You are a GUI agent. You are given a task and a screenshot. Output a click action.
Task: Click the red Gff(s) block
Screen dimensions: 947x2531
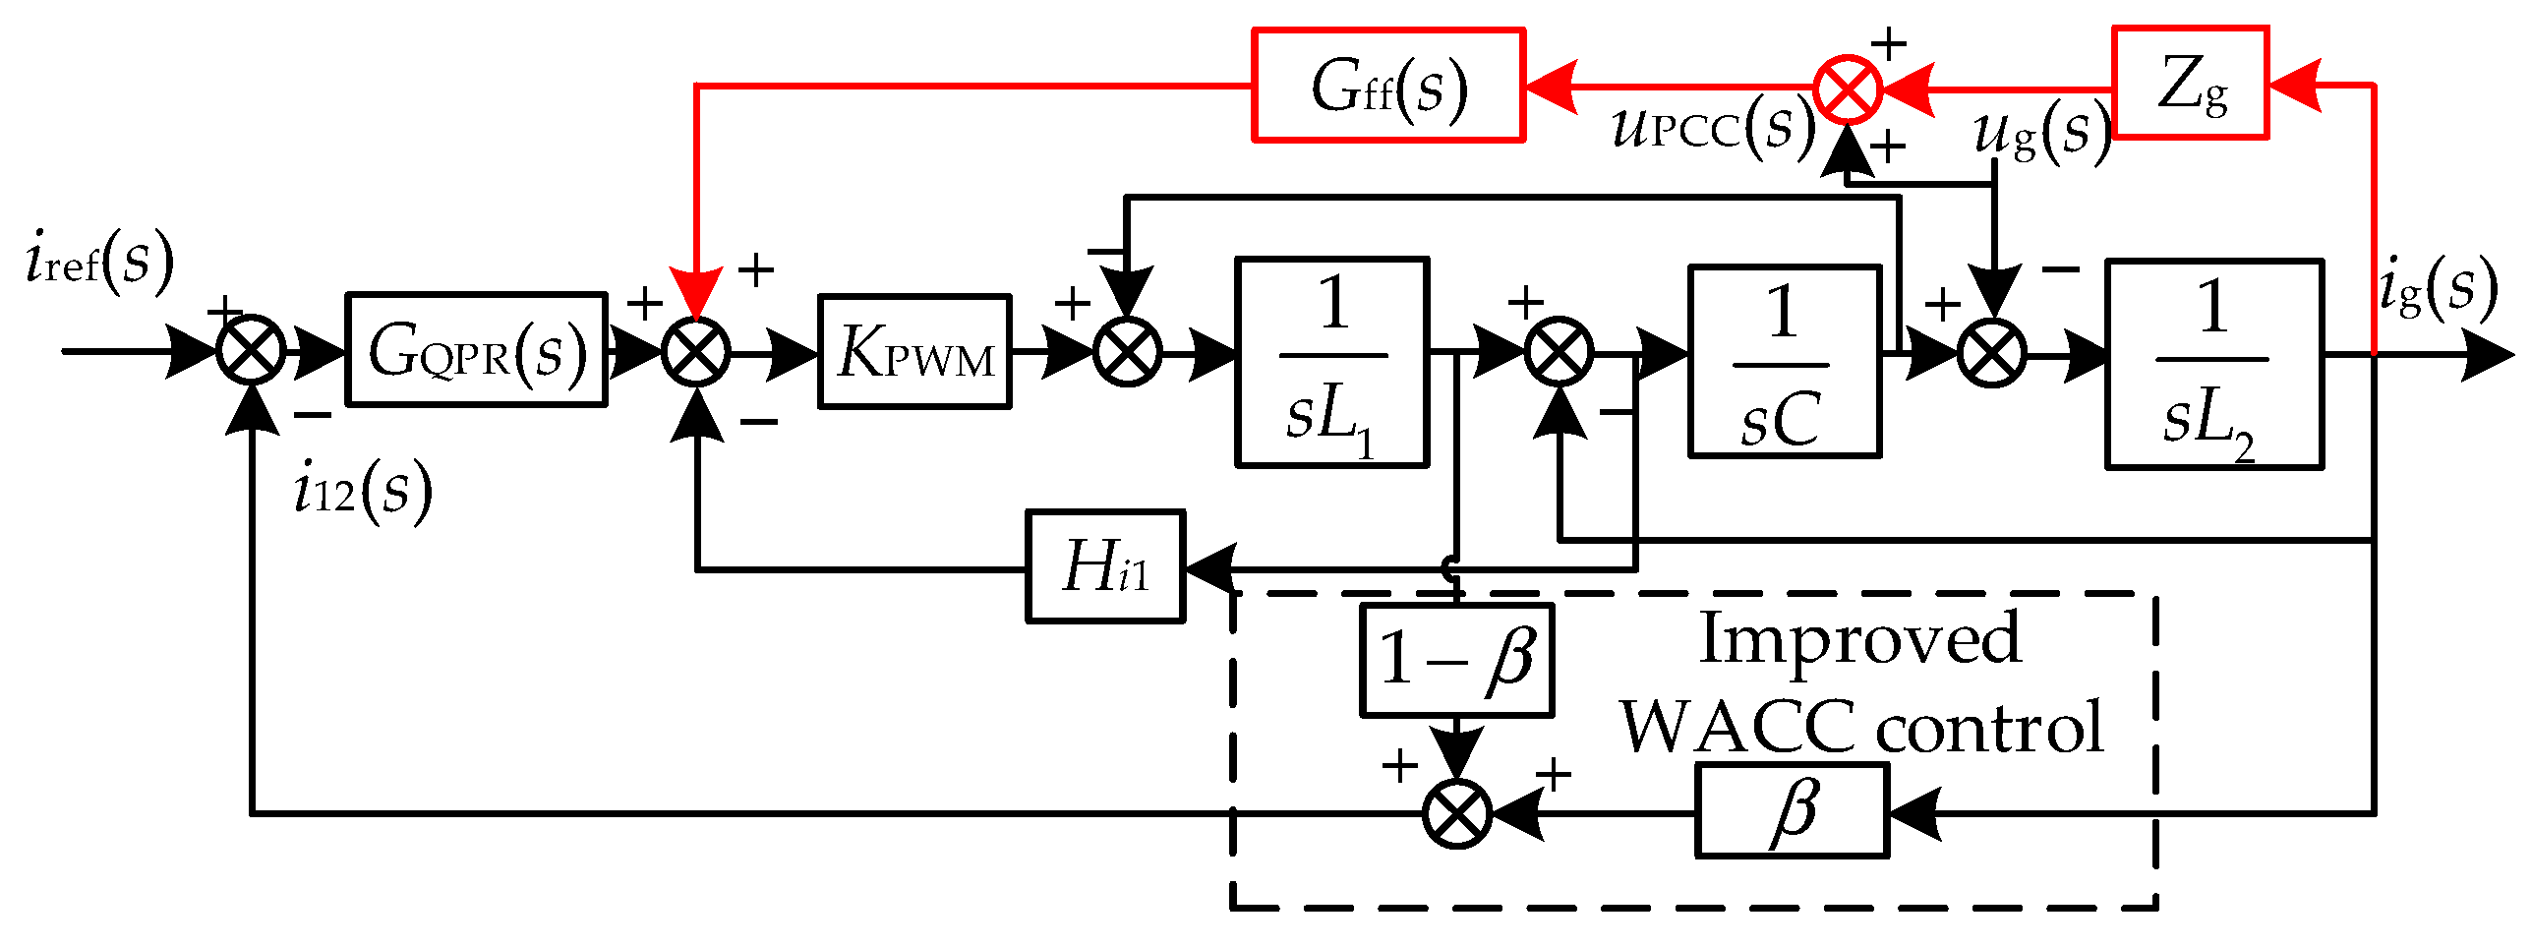point(1387,86)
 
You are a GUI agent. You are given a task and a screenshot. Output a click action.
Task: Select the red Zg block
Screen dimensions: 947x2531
point(2190,84)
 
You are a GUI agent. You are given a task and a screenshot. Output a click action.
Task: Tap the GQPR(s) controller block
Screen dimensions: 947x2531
point(476,349)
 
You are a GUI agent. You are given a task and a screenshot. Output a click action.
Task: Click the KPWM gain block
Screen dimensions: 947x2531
point(914,351)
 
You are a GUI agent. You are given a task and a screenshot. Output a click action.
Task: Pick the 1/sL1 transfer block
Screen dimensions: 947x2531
point(1331,362)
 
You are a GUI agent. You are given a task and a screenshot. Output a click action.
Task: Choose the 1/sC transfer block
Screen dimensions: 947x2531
point(1785,362)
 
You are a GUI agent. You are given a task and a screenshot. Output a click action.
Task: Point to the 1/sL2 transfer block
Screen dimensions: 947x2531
point(2214,364)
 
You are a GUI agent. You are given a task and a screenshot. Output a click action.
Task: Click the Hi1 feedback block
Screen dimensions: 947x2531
point(1105,566)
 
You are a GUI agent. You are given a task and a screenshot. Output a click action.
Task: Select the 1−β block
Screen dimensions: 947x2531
point(1456,660)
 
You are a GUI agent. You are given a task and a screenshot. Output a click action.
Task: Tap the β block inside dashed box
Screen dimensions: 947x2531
point(1792,811)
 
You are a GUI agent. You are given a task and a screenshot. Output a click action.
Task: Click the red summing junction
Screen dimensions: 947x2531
point(1848,89)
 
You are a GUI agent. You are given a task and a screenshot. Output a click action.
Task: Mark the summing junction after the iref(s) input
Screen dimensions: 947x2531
point(251,350)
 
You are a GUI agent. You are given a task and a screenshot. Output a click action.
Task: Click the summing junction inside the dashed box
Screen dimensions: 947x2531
point(1457,813)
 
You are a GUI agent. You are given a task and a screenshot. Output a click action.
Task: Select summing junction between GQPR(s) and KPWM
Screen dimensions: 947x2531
point(696,352)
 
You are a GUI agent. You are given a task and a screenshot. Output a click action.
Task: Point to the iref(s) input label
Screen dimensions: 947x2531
point(98,261)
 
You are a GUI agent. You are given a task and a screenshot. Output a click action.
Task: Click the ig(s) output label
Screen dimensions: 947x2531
point(2437,288)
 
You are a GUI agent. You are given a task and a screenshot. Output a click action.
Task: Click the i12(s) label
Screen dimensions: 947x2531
point(362,490)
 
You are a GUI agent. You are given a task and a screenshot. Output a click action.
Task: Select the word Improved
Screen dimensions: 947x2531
point(1859,639)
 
